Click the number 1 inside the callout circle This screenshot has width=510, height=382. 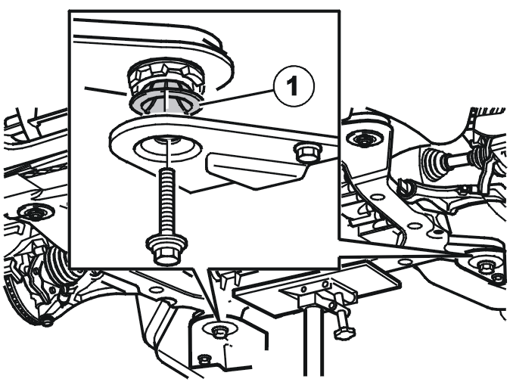tap(294, 85)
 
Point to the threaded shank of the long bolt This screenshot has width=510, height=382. tap(167, 201)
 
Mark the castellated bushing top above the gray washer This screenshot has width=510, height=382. tap(166, 76)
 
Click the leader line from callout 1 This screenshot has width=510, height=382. tap(237, 97)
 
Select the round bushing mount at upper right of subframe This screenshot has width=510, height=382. tap(364, 139)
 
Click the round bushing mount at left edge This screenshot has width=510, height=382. tap(33, 213)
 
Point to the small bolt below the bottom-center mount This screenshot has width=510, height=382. tap(204, 359)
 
